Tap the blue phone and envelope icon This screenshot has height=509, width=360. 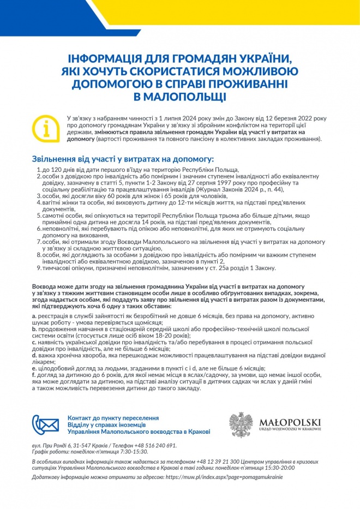46,424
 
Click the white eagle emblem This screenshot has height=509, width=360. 241,424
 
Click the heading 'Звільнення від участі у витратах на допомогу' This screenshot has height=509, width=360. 122,159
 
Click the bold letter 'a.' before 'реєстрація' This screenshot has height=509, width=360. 34,316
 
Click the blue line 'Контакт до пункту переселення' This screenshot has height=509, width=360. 113,417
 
